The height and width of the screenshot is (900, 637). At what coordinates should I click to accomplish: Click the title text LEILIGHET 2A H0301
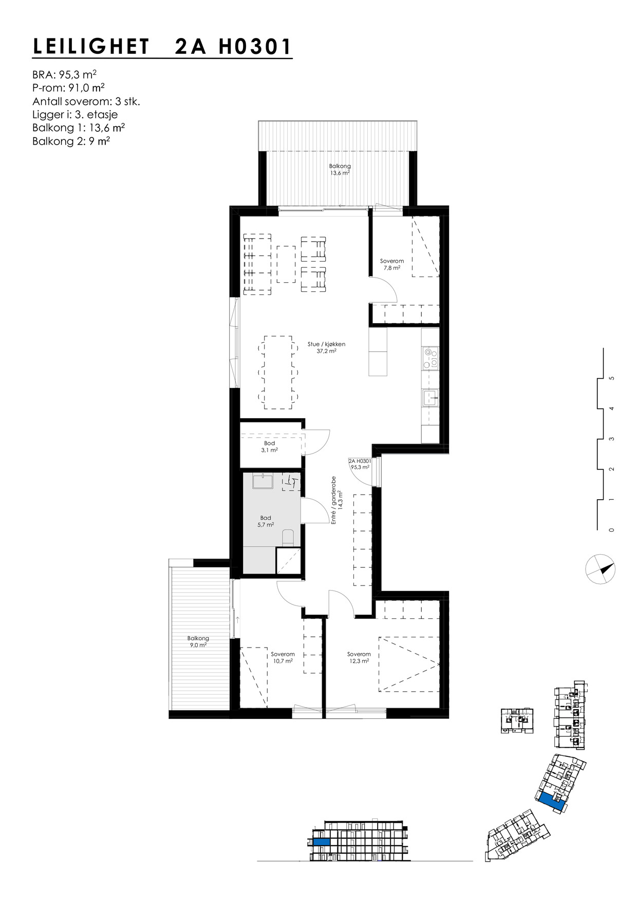point(162,47)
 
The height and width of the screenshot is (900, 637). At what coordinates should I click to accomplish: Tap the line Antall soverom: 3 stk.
point(86,101)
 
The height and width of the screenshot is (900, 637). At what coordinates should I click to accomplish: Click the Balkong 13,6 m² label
point(340,170)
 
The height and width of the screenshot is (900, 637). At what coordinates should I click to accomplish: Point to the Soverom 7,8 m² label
point(391,264)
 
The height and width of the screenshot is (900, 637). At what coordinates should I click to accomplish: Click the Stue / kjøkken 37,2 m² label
point(326,348)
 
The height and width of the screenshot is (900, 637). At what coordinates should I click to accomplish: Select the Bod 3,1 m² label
point(269,446)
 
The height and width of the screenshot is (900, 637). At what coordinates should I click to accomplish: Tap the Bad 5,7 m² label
point(265,521)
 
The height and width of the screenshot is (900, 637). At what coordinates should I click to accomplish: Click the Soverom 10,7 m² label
point(283,658)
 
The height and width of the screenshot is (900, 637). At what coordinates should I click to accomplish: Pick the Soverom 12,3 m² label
point(359,658)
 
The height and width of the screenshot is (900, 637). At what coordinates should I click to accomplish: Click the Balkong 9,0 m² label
point(198,642)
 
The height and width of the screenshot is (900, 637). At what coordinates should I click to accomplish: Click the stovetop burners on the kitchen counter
point(430,358)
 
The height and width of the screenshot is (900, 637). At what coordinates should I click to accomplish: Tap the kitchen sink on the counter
point(430,397)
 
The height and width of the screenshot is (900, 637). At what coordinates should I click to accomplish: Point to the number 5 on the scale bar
point(611,379)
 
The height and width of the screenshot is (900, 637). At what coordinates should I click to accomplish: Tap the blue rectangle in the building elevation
point(321,843)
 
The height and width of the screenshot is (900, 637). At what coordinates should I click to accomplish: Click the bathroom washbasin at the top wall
point(263,482)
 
